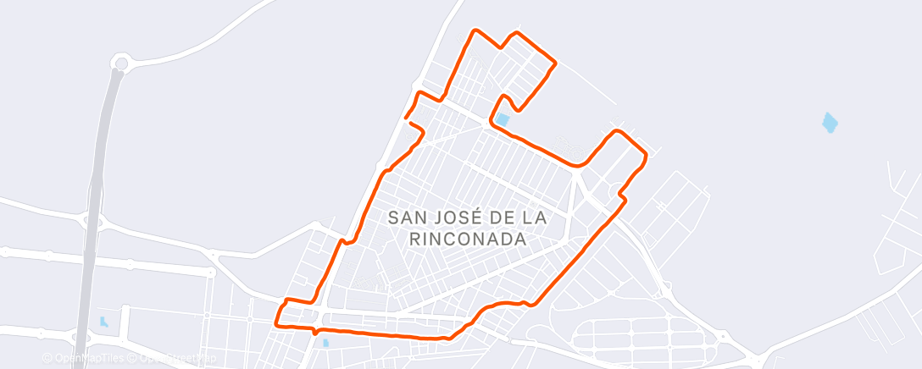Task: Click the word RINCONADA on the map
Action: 467,240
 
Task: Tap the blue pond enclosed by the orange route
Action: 503,120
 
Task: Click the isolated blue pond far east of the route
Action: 830,123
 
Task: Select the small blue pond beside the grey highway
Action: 103,322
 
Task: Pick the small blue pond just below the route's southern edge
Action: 325,343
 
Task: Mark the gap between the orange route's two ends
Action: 411,119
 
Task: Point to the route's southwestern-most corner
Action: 277,323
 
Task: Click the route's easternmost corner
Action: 647,155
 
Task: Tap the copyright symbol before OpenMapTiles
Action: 47,358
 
